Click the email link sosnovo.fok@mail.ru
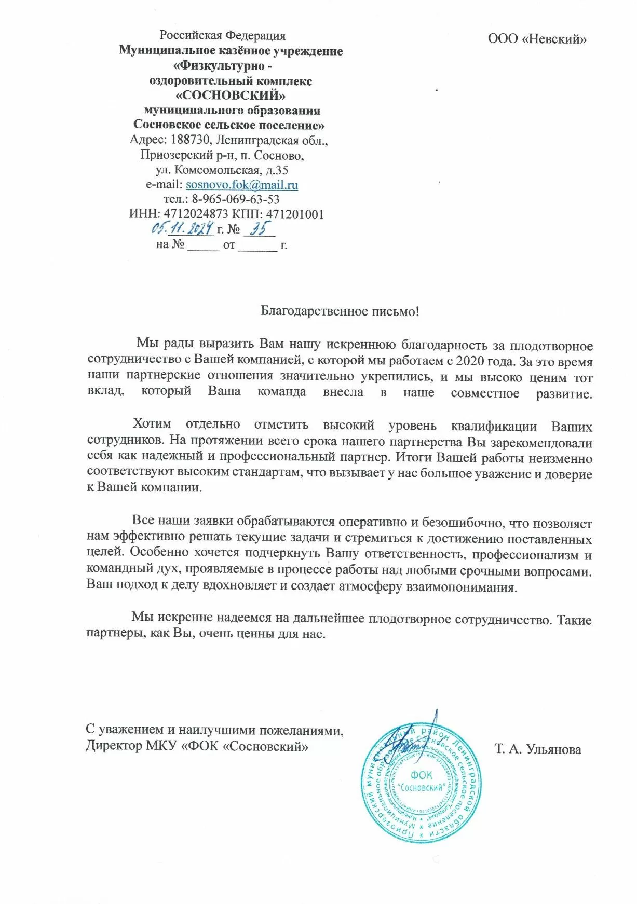click(x=242, y=185)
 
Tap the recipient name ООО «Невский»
click(x=537, y=39)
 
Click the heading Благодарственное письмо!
click(x=340, y=311)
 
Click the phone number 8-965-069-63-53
click(x=236, y=199)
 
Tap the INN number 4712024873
click(x=196, y=214)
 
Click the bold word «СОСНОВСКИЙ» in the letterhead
click(x=231, y=95)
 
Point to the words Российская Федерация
click(x=223, y=35)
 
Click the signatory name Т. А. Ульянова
click(x=538, y=749)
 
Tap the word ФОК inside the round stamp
click(x=421, y=775)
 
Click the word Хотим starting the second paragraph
click(x=152, y=424)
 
